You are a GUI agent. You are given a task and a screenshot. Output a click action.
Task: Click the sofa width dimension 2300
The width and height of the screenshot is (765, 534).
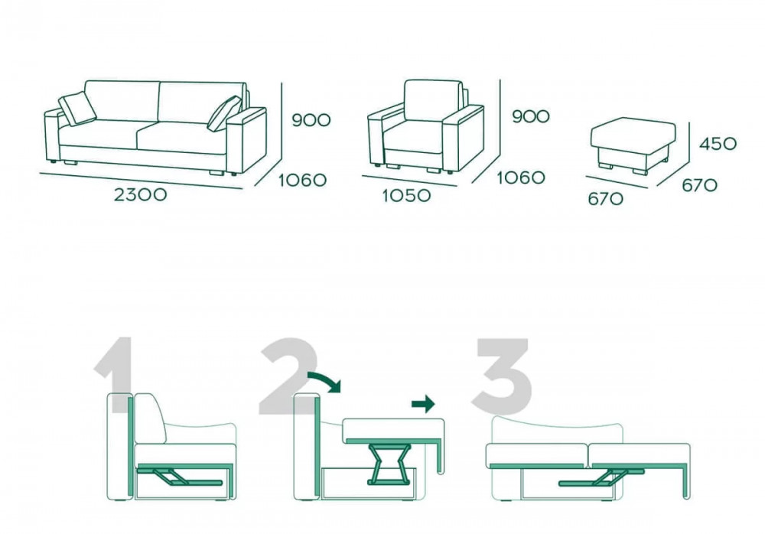click(x=141, y=195)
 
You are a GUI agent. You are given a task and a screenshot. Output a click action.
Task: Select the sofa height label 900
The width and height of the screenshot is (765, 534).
click(x=311, y=120)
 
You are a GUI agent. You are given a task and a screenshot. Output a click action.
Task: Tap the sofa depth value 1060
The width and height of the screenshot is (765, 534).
click(x=302, y=181)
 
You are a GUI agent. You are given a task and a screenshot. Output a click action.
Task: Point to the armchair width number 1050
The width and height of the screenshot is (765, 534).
click(x=406, y=196)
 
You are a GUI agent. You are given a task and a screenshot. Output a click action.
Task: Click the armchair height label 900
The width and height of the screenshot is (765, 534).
click(x=531, y=116)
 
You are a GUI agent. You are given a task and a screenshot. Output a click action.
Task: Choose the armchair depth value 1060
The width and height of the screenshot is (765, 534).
click(x=521, y=177)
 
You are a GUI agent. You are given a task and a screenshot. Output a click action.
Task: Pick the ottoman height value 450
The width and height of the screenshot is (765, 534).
click(x=718, y=144)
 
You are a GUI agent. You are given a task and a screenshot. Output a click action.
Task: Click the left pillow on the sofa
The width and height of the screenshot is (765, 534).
click(x=77, y=109)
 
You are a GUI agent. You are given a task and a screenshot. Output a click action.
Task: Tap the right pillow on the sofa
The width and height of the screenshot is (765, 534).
click(x=224, y=113)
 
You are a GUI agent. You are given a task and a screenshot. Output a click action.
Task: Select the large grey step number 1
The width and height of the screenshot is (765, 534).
click(x=116, y=373)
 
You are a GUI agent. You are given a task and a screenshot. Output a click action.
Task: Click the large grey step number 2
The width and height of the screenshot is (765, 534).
click(x=288, y=376)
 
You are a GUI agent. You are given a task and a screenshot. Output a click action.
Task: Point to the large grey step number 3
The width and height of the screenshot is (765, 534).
click(x=503, y=376)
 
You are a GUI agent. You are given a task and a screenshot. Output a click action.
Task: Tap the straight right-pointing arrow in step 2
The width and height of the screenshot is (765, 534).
click(x=423, y=404)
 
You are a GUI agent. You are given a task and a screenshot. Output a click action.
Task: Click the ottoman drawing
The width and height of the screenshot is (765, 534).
click(x=633, y=145)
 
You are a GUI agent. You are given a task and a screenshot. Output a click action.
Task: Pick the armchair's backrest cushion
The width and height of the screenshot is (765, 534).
click(x=433, y=100)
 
